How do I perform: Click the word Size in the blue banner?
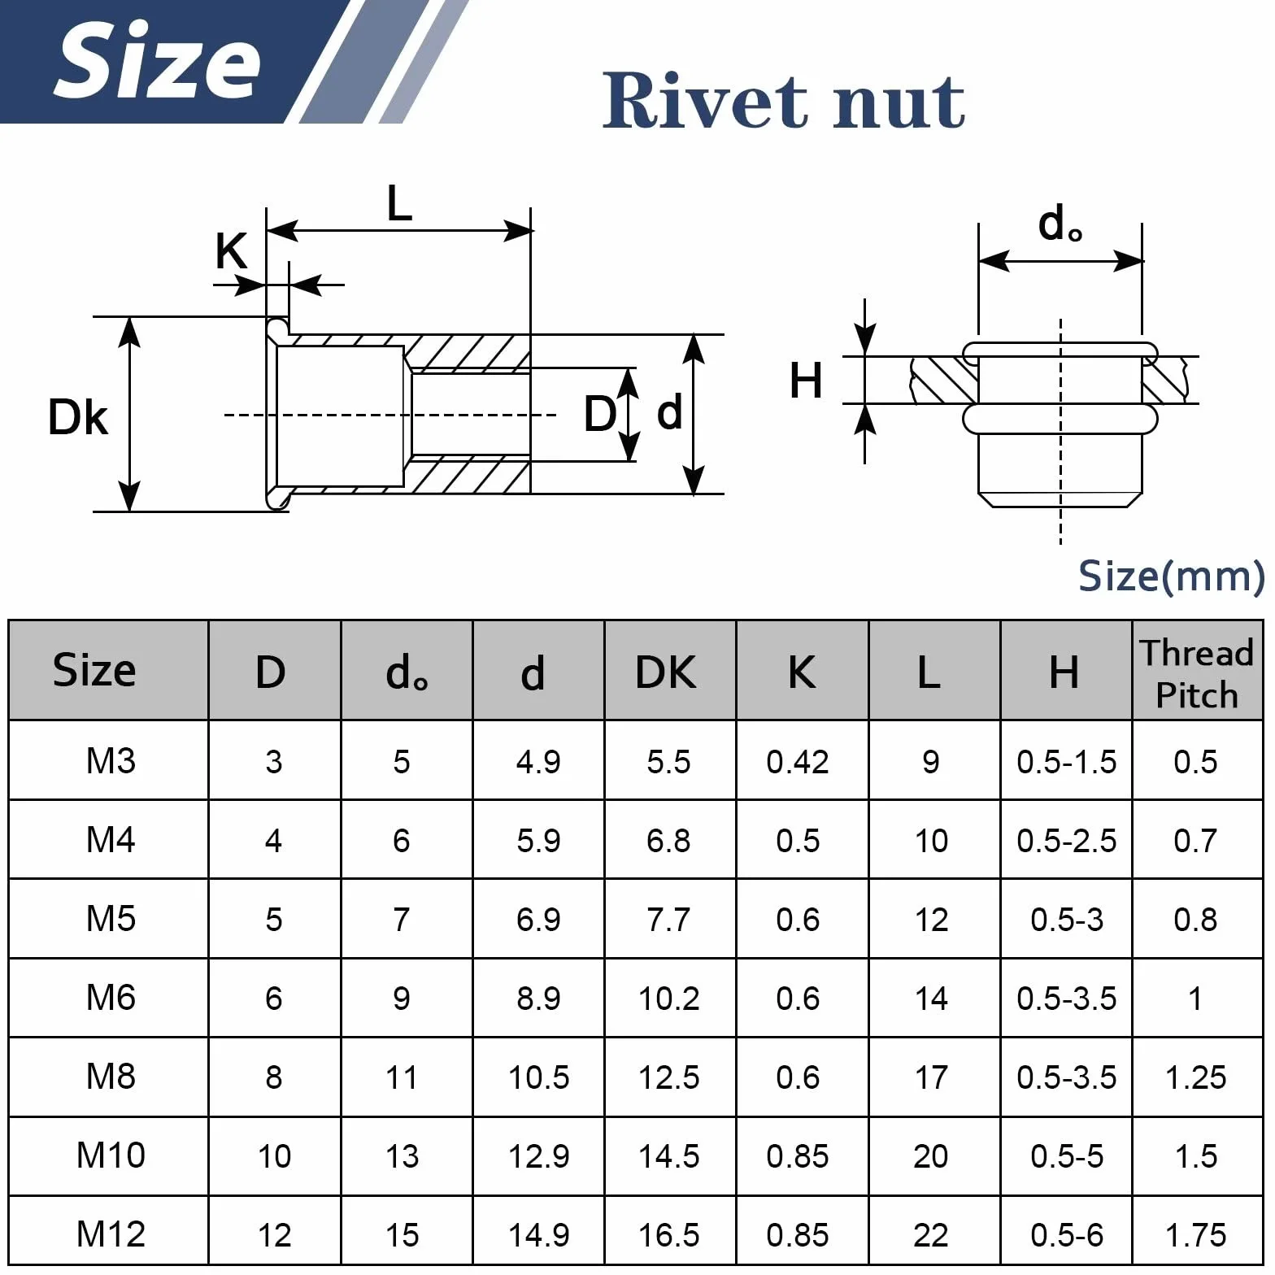point(157,61)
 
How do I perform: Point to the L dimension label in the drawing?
point(399,203)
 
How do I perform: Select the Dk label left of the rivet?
point(78,417)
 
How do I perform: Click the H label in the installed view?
point(806,381)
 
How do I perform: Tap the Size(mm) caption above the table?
point(1171,576)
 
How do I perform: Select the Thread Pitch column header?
point(1196,674)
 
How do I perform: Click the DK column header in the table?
point(666,672)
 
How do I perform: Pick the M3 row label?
point(111,761)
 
